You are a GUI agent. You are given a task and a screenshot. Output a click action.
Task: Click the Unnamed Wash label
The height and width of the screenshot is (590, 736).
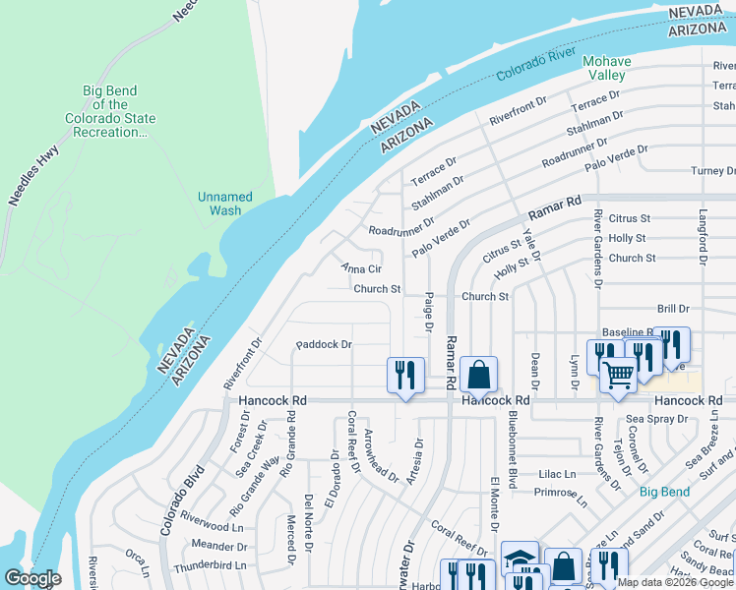[224, 204]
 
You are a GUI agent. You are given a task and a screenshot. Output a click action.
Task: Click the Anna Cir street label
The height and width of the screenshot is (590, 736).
[360, 268]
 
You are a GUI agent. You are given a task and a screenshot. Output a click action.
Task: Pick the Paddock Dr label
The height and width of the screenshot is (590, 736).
[324, 345]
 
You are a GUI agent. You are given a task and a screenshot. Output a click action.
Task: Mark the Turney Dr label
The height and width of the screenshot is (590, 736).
[711, 171]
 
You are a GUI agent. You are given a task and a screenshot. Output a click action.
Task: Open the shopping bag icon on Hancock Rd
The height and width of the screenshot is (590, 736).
[478, 375]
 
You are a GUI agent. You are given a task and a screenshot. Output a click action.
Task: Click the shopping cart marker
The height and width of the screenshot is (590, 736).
[618, 373]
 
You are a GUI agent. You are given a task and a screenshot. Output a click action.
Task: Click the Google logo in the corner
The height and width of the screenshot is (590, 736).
[32, 578]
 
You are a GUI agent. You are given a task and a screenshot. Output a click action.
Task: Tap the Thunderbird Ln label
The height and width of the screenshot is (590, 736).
[209, 566]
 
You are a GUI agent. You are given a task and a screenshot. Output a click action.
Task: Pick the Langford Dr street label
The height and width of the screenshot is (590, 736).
[704, 237]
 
